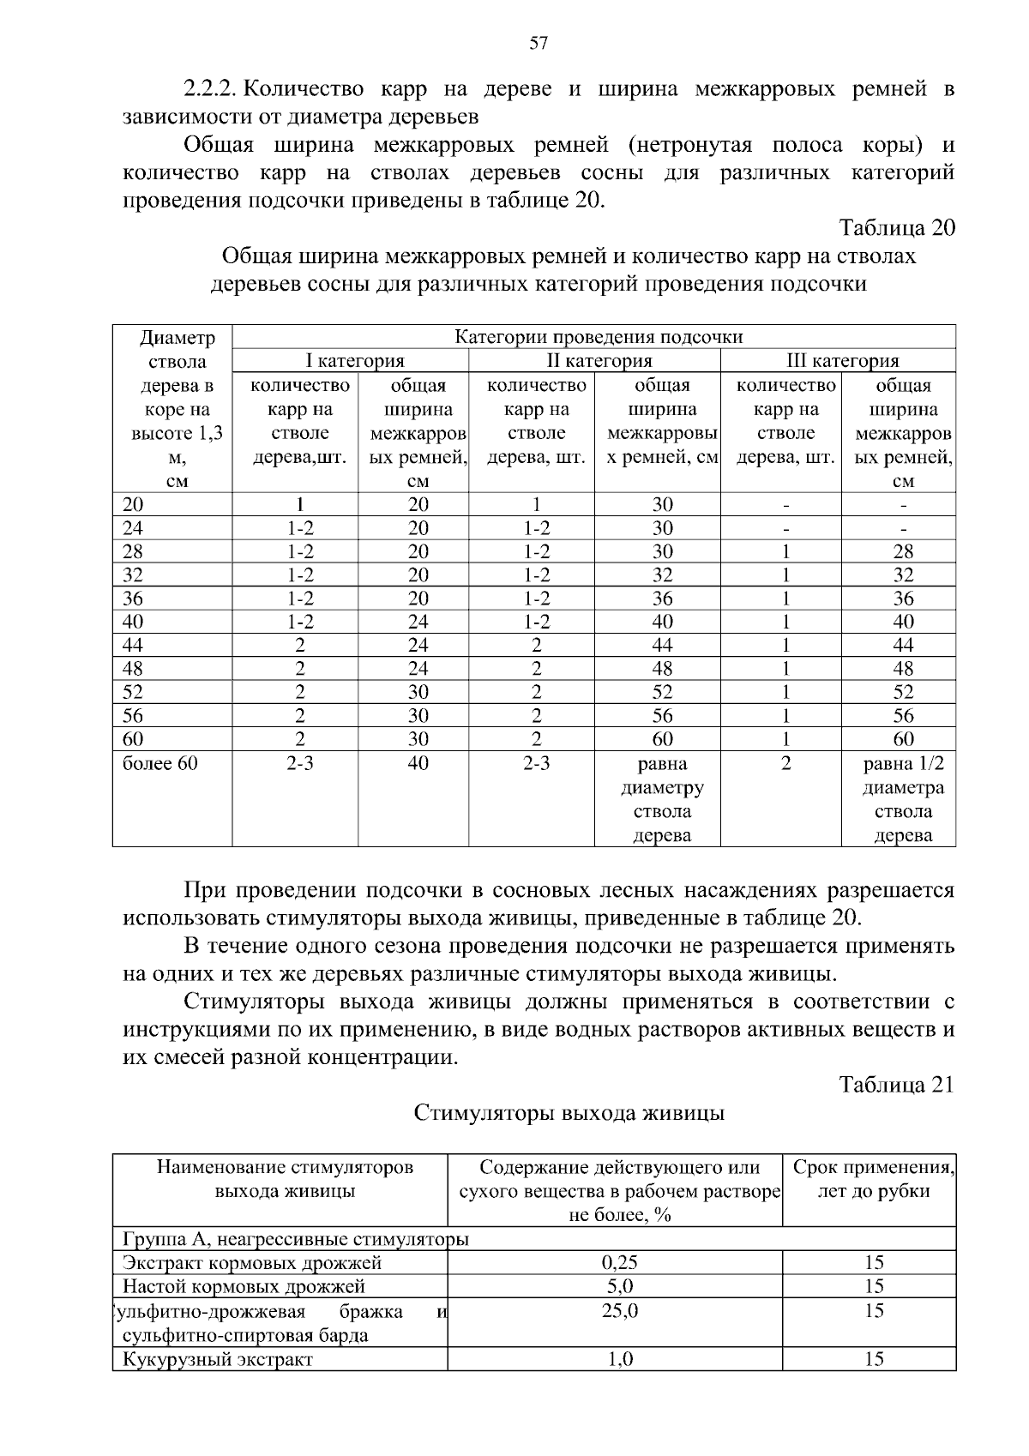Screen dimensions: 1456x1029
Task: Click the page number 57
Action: pyautogui.click(x=539, y=44)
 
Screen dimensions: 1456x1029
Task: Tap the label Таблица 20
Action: pyautogui.click(x=896, y=228)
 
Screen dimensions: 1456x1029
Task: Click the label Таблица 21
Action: pyautogui.click(x=896, y=1085)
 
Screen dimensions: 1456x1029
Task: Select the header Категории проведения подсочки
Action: pyautogui.click(x=598, y=337)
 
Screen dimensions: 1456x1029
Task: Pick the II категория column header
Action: pyautogui.click(x=599, y=361)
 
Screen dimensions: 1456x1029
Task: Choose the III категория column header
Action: pyautogui.click(x=842, y=361)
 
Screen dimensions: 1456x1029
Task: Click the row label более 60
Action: pyautogui.click(x=160, y=763)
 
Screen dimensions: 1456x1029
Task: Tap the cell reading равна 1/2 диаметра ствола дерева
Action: pyautogui.click(x=902, y=799)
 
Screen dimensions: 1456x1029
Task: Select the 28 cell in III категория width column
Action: pyautogui.click(x=902, y=551)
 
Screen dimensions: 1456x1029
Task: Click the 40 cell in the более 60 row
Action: pyautogui.click(x=418, y=763)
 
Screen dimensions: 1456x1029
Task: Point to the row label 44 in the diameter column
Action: pyautogui.click(x=134, y=646)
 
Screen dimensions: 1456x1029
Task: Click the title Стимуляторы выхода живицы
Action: pyautogui.click(x=569, y=1113)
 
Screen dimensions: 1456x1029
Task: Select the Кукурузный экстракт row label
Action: pyautogui.click(x=218, y=1359)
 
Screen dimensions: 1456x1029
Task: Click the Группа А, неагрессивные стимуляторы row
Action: pyautogui.click(x=296, y=1239)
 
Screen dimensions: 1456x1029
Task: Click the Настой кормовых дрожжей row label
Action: pyautogui.click(x=244, y=1286)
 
